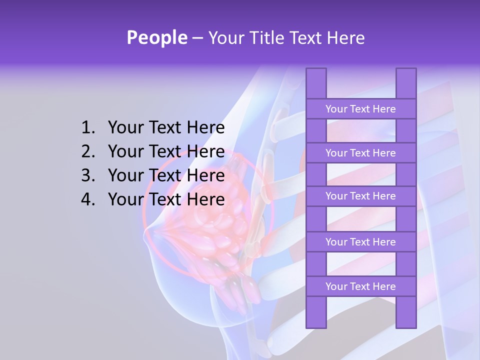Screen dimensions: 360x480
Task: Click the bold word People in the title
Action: tap(156, 38)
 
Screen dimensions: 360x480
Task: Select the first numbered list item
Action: tap(166, 128)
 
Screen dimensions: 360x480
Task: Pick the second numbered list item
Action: tap(166, 151)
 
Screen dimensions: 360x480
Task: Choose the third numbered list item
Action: tap(166, 175)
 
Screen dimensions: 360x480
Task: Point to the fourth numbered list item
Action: tap(166, 199)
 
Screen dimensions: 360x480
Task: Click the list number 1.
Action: tap(87, 128)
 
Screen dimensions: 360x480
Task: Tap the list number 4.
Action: tap(87, 199)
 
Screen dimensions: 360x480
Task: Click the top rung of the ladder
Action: tap(360, 109)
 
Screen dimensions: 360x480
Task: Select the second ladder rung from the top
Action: tap(360, 153)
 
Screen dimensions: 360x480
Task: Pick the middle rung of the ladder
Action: tap(360, 196)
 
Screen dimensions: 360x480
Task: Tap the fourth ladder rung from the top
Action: tap(360, 242)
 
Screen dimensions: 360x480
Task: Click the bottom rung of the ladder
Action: tap(360, 286)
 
